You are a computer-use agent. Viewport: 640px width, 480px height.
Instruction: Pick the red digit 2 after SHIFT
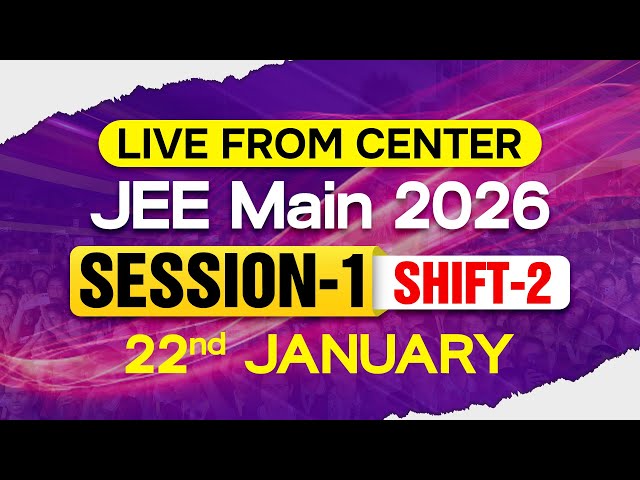[x=540, y=281]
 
